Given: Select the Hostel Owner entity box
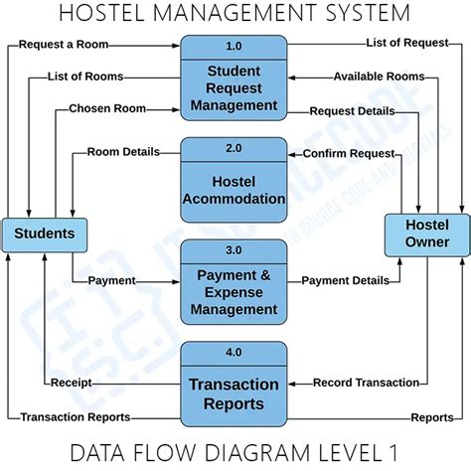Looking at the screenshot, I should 427,234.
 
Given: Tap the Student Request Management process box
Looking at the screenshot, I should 234,87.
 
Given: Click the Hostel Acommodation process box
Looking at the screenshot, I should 234,190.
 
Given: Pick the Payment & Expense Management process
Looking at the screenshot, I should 234,291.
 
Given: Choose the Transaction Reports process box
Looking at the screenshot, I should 234,393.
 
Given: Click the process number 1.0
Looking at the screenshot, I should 234,46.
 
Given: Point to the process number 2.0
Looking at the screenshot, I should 234,148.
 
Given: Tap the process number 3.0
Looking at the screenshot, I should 234,249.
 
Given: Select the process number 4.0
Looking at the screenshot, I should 234,351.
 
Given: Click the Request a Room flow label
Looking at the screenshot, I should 64,46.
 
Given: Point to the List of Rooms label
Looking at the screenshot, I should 85,77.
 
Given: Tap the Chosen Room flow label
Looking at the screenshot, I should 106,108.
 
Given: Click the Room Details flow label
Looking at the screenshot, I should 124,153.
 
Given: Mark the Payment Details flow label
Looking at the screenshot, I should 345,281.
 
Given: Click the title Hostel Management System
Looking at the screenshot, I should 235,14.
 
